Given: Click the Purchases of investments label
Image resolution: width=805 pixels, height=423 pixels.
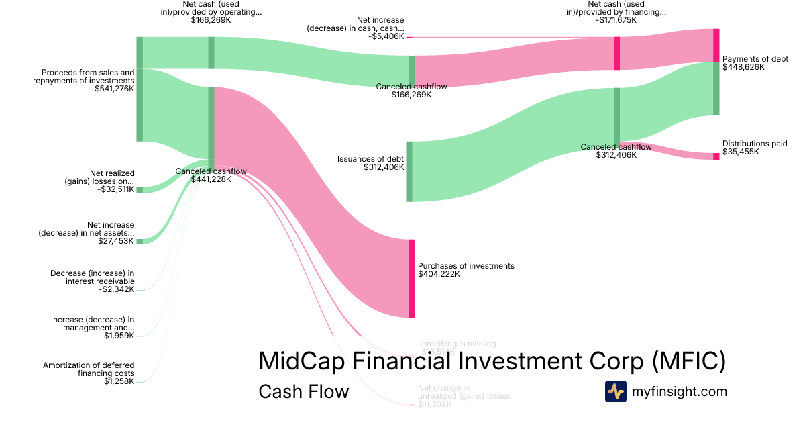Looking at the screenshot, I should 466,266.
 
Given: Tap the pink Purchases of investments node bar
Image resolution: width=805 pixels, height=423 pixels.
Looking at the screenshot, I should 411,278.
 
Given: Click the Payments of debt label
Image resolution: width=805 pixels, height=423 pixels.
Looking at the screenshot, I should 755,59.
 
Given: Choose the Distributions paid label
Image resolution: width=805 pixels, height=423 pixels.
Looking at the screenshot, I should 754,144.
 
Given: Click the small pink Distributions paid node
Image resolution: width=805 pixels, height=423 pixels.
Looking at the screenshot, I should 716,156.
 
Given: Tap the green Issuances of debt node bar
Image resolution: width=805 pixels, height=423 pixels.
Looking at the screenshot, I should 409,171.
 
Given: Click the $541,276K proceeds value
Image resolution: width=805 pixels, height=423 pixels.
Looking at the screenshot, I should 115,89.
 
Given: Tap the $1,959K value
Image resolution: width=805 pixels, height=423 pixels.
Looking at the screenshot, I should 119,336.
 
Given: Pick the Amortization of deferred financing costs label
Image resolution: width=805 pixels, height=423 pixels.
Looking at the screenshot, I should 89,369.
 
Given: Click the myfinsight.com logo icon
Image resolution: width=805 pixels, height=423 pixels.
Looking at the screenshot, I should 615,391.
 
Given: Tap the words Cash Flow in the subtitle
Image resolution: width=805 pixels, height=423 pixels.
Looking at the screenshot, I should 303,391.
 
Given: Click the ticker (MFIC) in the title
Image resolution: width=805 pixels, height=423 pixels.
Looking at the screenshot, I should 688,361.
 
